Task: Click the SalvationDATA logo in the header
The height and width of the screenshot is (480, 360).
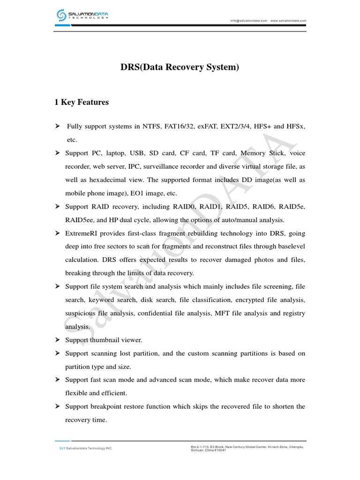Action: click(x=82, y=15)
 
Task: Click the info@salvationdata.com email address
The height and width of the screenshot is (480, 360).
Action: click(x=248, y=21)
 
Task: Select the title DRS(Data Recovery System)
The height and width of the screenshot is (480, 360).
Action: click(x=180, y=67)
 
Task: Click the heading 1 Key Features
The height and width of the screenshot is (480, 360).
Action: click(x=82, y=102)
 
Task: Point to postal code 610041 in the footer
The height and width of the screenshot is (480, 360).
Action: click(x=220, y=450)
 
